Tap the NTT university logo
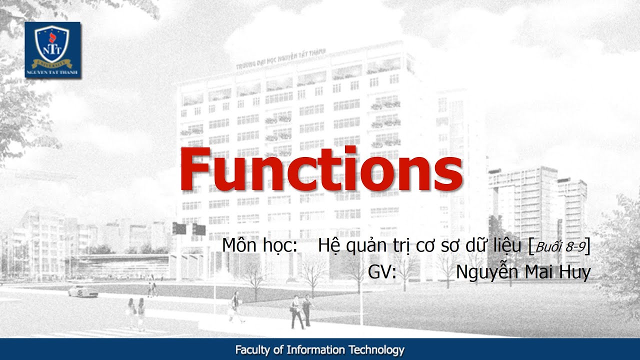click(x=52, y=49)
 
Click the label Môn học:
click(x=260, y=246)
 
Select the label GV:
click(x=382, y=272)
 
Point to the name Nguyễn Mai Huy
click(x=523, y=272)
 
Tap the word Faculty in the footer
click(x=253, y=350)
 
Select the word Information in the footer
click(x=315, y=350)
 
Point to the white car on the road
click(x=83, y=291)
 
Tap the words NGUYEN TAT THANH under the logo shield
click(x=52, y=72)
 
